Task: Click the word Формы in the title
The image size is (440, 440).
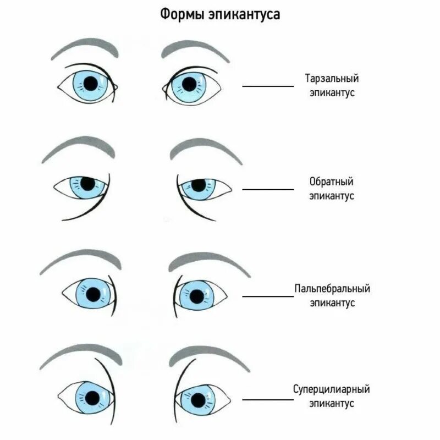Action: click(183, 14)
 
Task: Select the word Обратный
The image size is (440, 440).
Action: click(331, 182)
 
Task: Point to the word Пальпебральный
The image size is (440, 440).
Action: click(331, 289)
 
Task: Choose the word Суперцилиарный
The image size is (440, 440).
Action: click(331, 389)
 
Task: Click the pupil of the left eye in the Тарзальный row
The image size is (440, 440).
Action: click(90, 83)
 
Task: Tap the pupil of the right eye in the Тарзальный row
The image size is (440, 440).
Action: click(189, 84)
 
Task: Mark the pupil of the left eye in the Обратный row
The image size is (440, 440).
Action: click(87, 182)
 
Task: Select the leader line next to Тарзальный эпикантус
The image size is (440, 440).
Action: click(268, 86)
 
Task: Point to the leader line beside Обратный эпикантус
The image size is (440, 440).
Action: click(268, 189)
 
